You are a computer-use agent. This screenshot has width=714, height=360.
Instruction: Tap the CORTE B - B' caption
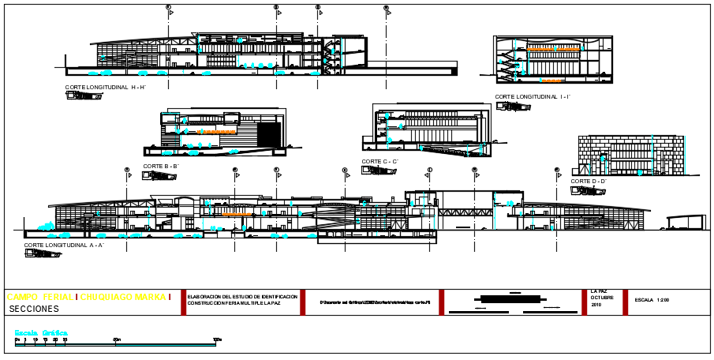pos(160,167)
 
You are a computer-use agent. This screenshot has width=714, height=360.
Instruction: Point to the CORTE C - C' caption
pos(380,161)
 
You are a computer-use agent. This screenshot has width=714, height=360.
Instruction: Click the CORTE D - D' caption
pos(589,181)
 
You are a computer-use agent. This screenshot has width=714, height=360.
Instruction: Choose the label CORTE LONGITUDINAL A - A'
pos(64,246)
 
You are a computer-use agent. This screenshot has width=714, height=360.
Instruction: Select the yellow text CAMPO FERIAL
pos(39,297)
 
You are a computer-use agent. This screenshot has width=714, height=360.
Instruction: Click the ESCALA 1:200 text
pos(652,300)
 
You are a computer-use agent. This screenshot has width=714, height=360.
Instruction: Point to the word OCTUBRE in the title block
pos(601,298)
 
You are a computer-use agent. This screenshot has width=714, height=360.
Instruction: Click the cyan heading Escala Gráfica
pos(41,333)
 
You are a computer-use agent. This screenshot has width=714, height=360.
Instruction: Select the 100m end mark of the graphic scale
pos(217,340)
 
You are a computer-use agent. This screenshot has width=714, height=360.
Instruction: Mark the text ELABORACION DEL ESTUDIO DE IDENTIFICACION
pos(242,296)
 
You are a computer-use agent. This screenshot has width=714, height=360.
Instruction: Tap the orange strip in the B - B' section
pos(207,133)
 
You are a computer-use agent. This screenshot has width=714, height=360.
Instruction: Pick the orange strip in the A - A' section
pos(234,214)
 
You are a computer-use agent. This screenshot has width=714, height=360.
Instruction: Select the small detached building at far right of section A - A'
pos(685,223)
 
